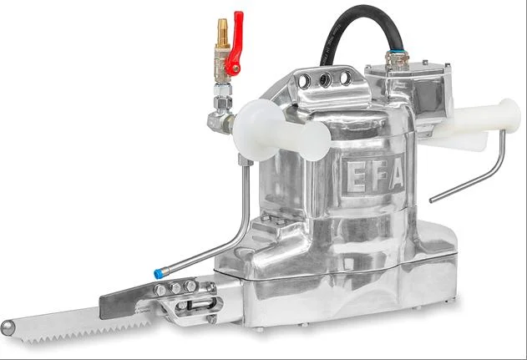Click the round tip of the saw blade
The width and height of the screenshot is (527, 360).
click(x=8, y=327)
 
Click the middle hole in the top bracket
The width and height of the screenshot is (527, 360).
click(x=322, y=79)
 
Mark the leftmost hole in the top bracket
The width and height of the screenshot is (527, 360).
click(x=304, y=81)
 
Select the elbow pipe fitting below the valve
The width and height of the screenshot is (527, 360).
click(x=221, y=121)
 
